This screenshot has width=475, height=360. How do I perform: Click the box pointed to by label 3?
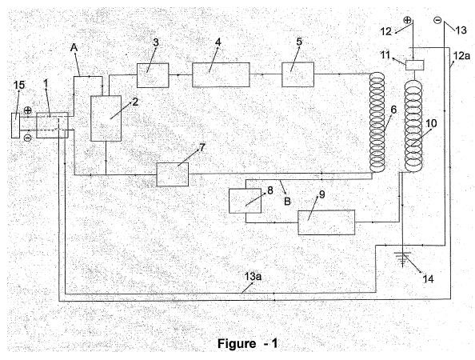(153, 75)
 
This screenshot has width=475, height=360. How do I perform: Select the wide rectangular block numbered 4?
(221, 74)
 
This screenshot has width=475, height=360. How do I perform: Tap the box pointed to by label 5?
(297, 74)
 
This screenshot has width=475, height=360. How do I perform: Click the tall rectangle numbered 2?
(106, 118)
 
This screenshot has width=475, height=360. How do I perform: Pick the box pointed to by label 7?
(173, 174)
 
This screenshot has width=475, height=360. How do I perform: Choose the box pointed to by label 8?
(245, 201)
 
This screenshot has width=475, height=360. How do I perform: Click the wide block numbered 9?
(326, 222)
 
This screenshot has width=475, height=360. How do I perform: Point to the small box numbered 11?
(414, 65)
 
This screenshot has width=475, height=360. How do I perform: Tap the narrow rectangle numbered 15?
(15, 126)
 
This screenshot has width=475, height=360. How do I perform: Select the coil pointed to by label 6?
(377, 122)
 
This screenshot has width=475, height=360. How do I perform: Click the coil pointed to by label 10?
(413, 126)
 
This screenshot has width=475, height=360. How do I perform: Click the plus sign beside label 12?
(408, 20)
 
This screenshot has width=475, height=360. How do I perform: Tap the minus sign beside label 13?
(437, 20)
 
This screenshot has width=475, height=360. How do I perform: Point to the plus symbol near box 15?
(27, 110)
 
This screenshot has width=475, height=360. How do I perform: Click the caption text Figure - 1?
(247, 344)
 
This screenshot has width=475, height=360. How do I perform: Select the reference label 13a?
(253, 276)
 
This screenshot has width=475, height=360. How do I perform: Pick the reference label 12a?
(461, 55)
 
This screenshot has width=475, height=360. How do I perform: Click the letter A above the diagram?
(74, 47)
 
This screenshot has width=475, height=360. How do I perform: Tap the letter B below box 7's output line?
(287, 202)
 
